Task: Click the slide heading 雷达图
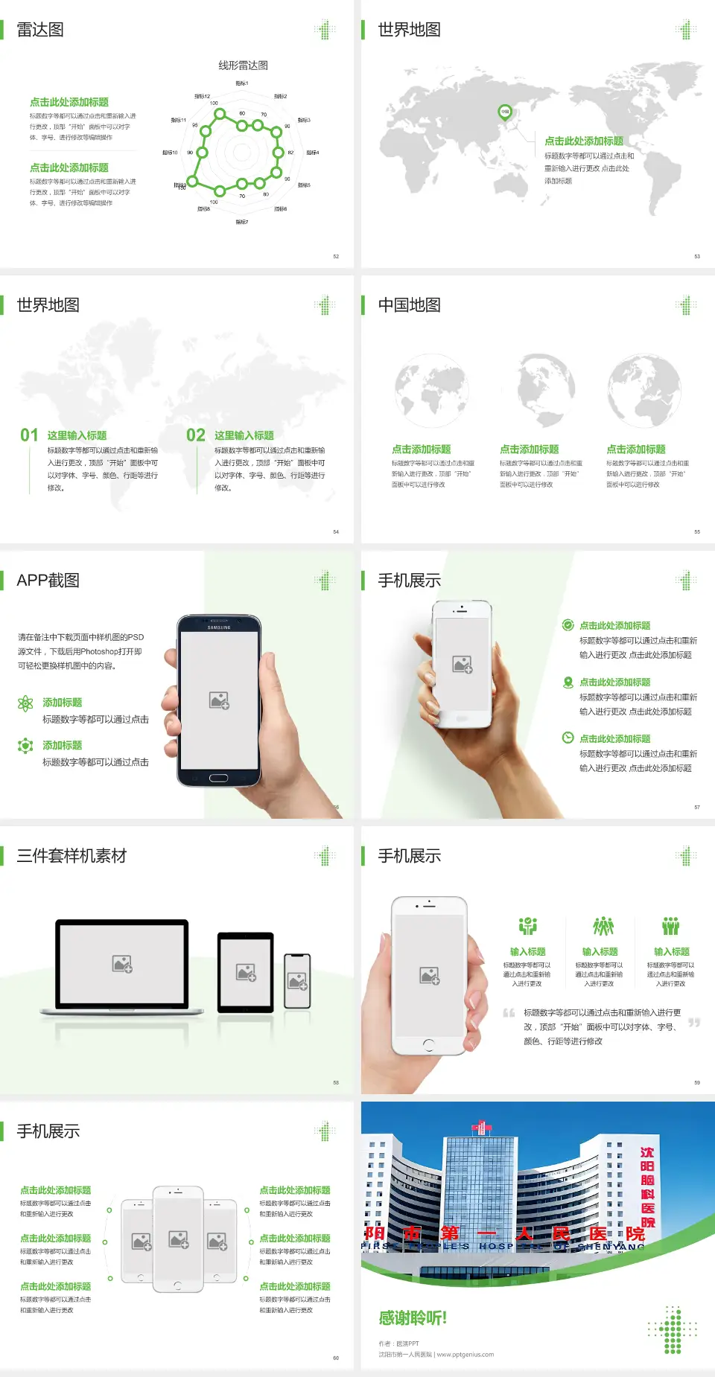(40, 30)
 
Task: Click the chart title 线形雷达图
(243, 66)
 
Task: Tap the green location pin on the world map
(505, 112)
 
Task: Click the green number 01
(29, 435)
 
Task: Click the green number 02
(196, 435)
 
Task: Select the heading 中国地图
(409, 305)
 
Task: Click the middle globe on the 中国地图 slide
(538, 389)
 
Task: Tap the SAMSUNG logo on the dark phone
(219, 627)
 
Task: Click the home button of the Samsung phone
(218, 778)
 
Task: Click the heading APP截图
(48, 581)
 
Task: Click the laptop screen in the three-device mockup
(122, 963)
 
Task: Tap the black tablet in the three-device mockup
(246, 971)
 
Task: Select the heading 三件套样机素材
(71, 856)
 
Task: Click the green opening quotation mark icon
(509, 1013)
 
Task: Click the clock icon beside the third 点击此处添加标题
(568, 738)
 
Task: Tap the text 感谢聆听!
(413, 1318)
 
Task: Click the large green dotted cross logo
(673, 1330)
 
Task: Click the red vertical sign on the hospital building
(647, 1187)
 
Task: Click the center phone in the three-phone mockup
(178, 1239)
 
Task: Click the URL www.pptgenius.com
(465, 1355)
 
